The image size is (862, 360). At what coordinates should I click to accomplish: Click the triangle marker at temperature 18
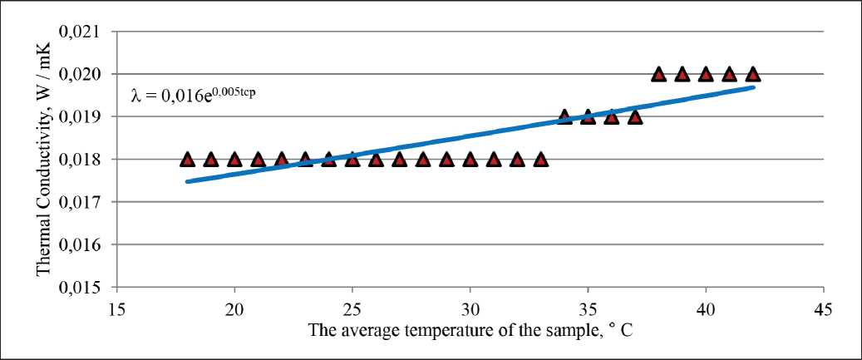(187, 159)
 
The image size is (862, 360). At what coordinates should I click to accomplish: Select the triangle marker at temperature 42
(752, 74)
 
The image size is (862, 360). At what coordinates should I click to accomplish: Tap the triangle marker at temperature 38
(658, 74)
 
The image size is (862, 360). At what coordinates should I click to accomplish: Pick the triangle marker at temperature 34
(564, 116)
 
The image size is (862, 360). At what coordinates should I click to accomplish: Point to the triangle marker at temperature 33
(540, 159)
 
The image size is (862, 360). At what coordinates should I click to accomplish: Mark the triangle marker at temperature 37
(635, 116)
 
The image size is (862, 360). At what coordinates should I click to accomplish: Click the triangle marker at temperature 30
(470, 159)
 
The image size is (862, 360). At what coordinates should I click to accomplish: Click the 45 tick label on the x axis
(823, 308)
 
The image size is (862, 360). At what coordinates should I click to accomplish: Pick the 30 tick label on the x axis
(470, 308)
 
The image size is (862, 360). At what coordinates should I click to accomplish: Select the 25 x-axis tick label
(352, 308)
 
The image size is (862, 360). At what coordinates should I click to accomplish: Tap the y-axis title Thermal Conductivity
(43, 158)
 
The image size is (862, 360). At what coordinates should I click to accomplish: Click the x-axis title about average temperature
(470, 330)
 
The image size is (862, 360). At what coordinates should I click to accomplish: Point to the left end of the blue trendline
(187, 180)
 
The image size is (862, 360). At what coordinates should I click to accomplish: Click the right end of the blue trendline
(752, 86)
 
